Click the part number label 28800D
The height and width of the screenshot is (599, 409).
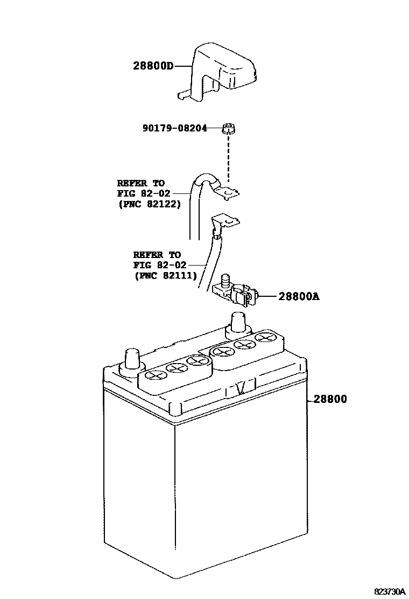(x=153, y=67)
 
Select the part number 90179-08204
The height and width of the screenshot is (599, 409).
(x=175, y=129)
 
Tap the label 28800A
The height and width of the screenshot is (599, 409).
(x=299, y=296)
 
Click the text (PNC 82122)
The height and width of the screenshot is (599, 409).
(x=149, y=204)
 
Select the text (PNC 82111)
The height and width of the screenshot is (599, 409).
(x=165, y=275)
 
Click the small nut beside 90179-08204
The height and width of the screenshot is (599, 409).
(x=230, y=129)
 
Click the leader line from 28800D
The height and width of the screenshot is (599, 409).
(x=183, y=66)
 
